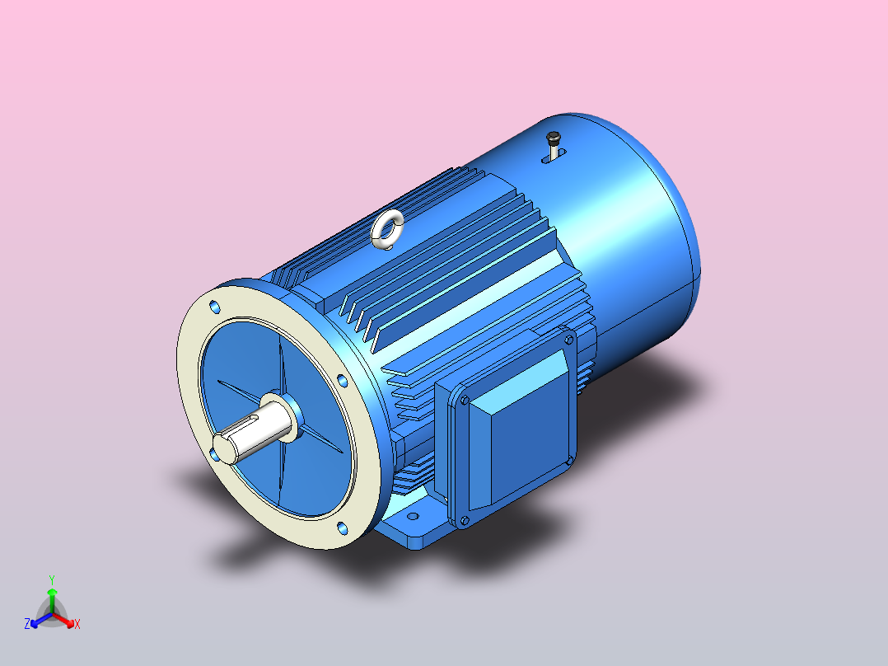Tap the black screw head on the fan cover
point(554,137)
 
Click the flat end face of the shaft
point(225,449)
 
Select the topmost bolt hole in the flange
point(215,307)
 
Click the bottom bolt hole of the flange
point(342,528)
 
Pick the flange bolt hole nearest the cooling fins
point(342,380)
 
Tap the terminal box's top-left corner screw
point(465,401)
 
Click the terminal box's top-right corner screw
point(568,340)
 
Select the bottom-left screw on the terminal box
point(465,520)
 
